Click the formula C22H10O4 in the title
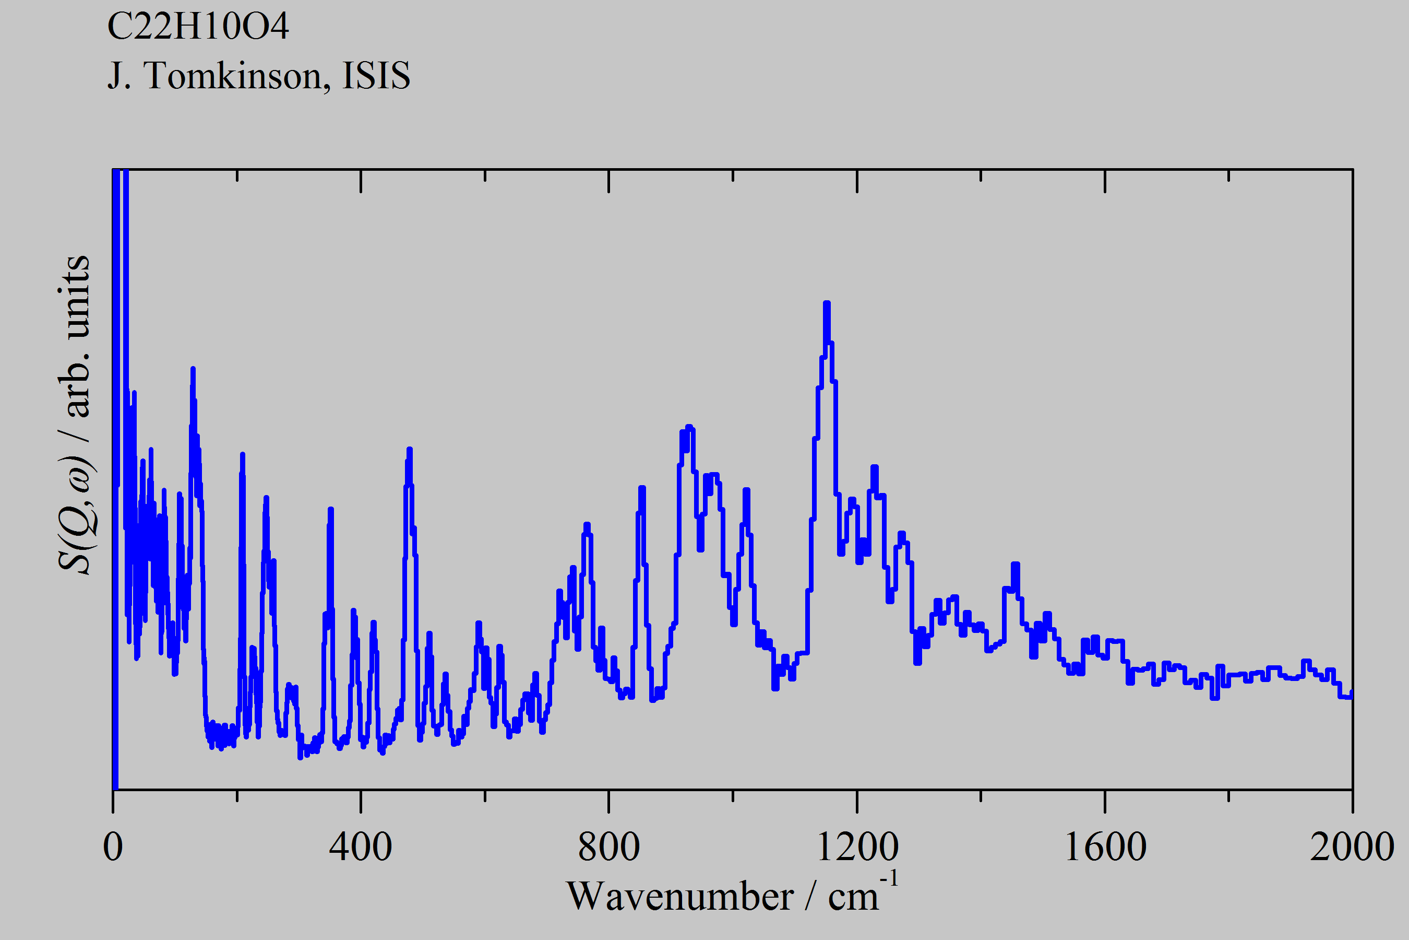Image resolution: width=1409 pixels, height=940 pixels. coord(198,27)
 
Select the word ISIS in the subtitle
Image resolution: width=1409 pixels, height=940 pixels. coord(376,76)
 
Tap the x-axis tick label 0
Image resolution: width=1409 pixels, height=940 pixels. coord(113,847)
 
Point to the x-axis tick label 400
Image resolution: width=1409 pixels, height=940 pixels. coord(361,847)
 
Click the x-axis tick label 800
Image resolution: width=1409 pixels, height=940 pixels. coord(608,847)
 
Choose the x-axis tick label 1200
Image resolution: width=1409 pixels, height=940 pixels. coord(857,847)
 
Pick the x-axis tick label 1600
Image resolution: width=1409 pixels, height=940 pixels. coord(1105,847)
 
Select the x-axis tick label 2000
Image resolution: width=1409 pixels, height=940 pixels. coord(1352,847)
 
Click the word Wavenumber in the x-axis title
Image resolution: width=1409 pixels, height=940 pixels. coord(679,897)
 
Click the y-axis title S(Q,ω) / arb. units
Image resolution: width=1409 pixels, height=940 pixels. coord(74,414)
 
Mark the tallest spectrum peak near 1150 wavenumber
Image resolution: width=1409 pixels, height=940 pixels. coord(827,304)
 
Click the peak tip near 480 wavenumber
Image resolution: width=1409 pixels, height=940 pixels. coord(410,450)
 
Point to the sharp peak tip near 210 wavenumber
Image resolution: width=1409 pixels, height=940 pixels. coord(243,454)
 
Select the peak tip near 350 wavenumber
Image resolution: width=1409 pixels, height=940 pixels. coord(331,510)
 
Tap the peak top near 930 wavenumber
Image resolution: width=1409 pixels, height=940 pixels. coord(689,427)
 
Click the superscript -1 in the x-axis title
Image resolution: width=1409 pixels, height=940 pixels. coord(889,879)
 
